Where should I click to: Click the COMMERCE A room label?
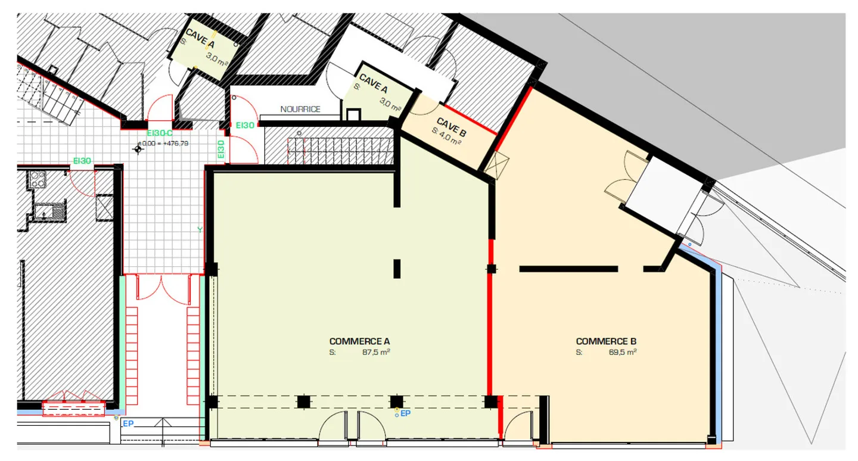tap(359, 341)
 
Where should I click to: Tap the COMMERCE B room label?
tap(606, 341)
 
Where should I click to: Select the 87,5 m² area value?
tap(376, 352)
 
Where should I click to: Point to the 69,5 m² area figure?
tap(623, 352)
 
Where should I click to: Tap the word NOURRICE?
tap(300, 109)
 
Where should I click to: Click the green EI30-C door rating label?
tap(159, 133)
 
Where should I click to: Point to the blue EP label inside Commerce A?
tap(406, 413)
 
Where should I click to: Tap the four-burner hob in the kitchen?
tap(38, 179)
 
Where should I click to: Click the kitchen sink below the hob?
tap(47, 211)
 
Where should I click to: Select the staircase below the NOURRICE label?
tap(340, 151)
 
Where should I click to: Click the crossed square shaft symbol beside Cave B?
tap(495, 163)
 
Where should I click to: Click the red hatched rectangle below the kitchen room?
tap(74, 409)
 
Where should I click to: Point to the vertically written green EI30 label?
tap(221, 148)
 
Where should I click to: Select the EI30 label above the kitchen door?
tap(82, 160)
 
